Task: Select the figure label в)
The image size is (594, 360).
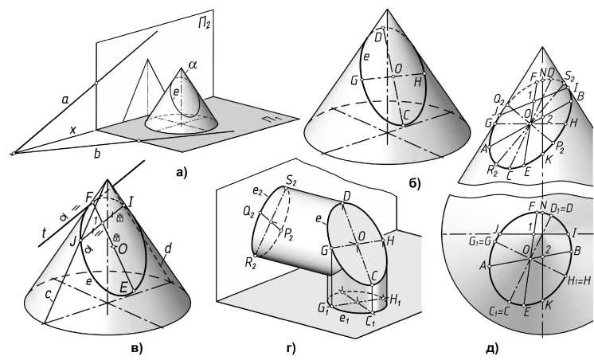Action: click(136, 347)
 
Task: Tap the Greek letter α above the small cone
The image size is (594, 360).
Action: click(192, 64)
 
